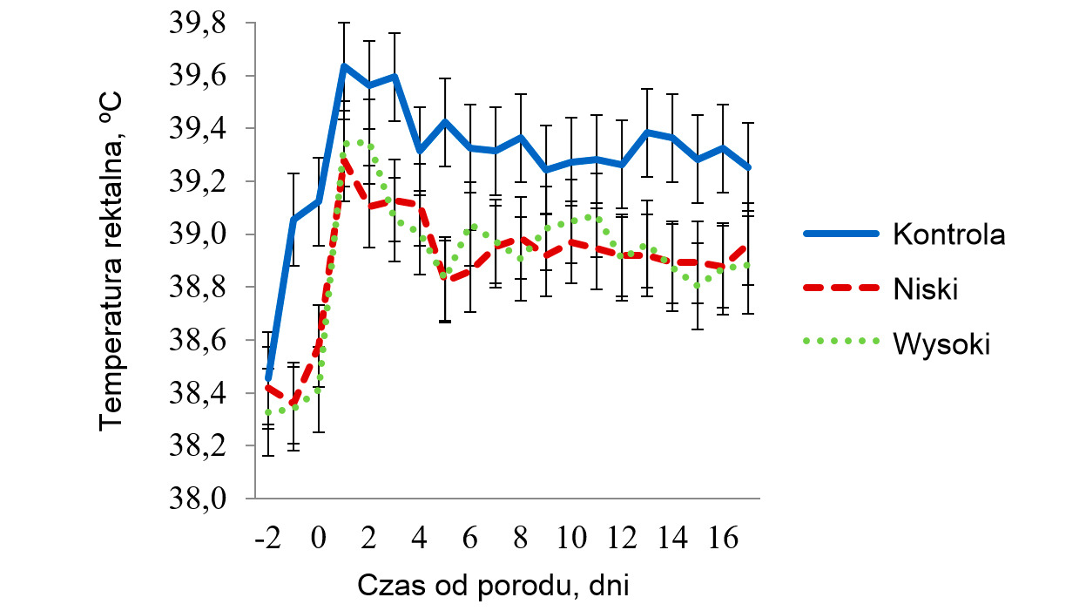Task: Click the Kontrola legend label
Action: (x=948, y=234)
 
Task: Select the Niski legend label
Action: (x=925, y=289)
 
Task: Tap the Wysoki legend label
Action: (x=941, y=344)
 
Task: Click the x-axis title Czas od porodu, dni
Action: (x=493, y=585)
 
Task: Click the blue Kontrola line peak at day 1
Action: (x=344, y=65)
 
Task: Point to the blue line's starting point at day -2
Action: (x=268, y=378)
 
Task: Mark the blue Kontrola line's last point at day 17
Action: (x=748, y=167)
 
